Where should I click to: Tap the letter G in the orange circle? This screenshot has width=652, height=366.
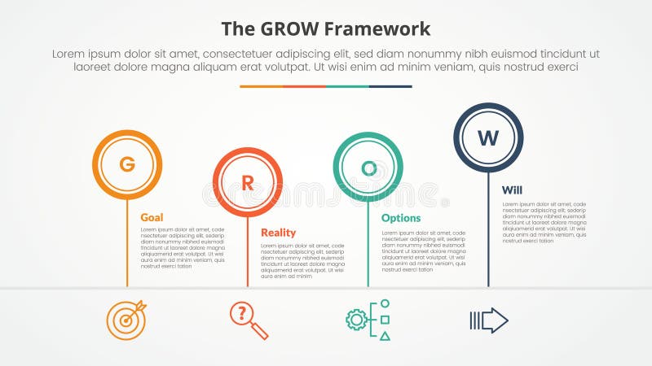127,165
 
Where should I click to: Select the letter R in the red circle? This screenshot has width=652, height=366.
248,183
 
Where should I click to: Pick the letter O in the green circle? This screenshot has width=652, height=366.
368,168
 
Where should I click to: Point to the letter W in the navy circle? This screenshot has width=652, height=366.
488,138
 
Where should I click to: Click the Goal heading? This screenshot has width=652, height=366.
152,217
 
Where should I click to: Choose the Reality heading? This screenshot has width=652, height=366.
278,233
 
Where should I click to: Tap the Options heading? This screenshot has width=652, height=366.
401,218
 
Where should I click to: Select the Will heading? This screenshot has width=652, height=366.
512,190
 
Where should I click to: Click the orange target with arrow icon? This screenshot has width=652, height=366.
126,320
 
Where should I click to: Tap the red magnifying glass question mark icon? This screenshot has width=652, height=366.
248,320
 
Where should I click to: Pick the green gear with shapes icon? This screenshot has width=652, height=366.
368,320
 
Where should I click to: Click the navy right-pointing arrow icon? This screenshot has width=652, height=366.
489,320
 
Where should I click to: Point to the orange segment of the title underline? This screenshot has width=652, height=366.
261,86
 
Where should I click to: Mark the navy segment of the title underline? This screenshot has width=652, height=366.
390,86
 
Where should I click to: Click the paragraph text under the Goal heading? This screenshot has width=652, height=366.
182,248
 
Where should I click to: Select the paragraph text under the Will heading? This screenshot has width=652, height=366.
544,222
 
